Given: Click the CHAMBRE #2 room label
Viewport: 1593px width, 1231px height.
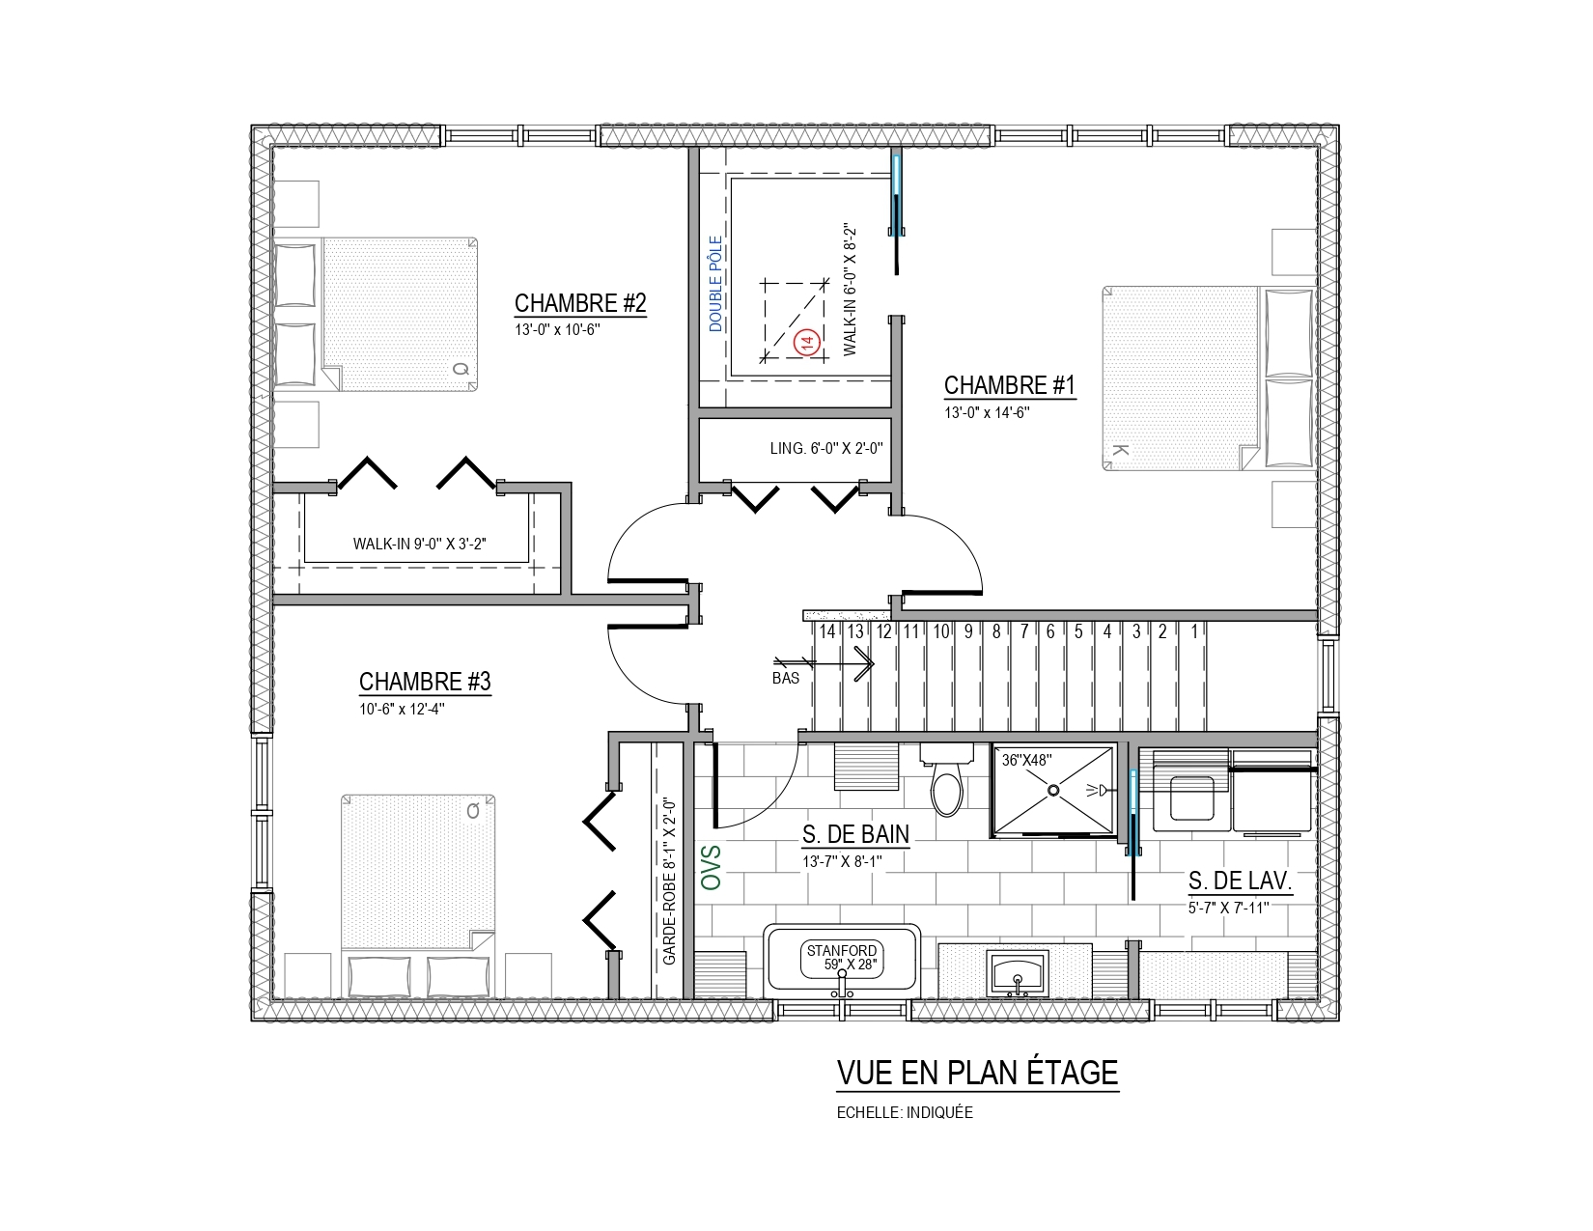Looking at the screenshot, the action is point(580,303).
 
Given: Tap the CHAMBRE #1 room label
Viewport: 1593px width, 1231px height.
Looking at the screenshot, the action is point(1009,385).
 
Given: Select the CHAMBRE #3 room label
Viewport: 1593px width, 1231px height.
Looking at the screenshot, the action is point(425,681).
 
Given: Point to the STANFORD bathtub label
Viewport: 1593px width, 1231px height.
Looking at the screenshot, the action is point(842,950).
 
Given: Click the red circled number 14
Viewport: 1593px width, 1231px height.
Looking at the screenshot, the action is point(808,342).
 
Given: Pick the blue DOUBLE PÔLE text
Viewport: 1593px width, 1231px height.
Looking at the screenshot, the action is point(715,284).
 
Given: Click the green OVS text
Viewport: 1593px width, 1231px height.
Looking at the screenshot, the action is point(712,867).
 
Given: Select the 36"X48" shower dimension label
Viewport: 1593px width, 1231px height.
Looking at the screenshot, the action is point(1026,760).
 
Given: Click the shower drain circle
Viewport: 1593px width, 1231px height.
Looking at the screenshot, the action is point(1053,791).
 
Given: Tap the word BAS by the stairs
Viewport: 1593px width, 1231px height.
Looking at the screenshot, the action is point(785,678).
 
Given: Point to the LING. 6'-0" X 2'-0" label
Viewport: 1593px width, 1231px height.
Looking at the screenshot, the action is point(826,448).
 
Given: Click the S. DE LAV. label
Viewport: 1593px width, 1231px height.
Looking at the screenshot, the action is point(1240,881).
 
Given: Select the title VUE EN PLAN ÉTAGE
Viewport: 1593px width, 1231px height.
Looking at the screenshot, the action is point(977,1073).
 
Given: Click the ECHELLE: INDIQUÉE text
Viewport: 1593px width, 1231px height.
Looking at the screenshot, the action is point(905,1112).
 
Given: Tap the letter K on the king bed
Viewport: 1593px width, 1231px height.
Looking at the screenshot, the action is point(1120,450).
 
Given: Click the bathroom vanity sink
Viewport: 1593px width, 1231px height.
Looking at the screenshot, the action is point(1017,973).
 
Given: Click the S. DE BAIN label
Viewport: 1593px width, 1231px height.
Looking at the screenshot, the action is point(855,833).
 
